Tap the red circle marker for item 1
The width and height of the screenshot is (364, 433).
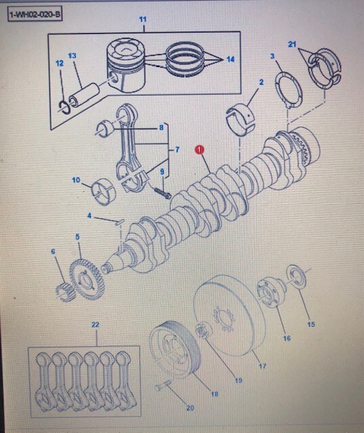coord(199,150)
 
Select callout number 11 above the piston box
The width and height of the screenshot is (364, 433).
coord(142,20)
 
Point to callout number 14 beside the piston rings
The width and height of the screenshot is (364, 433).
coord(230,60)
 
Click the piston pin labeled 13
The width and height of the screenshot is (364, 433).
coord(87,87)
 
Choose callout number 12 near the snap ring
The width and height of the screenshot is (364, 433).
coord(60,64)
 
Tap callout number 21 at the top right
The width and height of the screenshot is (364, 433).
coord(292,44)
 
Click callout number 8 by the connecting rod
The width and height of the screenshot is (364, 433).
coord(161,127)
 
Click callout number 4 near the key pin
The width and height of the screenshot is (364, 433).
coord(89,216)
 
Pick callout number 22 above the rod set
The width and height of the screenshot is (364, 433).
coord(95,325)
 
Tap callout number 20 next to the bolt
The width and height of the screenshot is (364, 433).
coord(189,408)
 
